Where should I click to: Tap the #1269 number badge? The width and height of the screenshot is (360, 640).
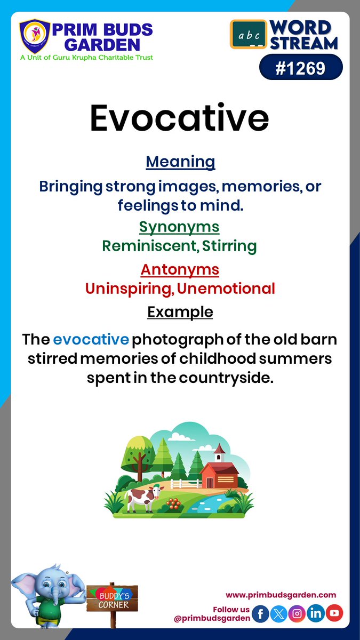point(301,68)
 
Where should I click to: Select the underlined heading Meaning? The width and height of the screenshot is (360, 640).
point(180,162)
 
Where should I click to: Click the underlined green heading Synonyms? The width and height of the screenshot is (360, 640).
point(179,227)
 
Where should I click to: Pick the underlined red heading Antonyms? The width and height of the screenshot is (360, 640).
point(180,269)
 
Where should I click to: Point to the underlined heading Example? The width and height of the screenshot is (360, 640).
point(180,311)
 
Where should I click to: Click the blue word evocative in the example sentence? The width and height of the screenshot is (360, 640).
point(91,339)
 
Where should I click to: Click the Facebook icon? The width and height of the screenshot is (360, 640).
point(260,614)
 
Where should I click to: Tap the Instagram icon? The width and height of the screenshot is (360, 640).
point(298,614)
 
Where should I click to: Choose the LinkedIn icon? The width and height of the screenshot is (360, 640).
point(316,614)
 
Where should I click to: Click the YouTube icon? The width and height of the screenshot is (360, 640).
point(334,614)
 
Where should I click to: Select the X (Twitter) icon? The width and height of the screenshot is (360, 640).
point(279,614)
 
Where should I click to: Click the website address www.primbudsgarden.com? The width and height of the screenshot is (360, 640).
point(281,595)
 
